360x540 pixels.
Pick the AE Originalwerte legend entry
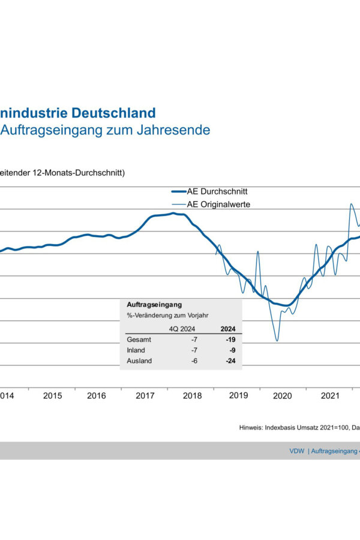point(219,204)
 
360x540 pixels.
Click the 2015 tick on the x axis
point(53,396)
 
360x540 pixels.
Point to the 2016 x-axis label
point(97,396)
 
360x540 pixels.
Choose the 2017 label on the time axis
point(145,396)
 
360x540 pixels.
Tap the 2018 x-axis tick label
point(192,396)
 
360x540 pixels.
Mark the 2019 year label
point(238,396)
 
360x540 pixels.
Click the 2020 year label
point(282,396)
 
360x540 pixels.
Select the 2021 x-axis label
point(329,396)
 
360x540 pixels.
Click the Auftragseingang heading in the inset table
point(154,305)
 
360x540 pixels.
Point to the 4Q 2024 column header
point(183,329)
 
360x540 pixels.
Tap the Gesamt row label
point(139,340)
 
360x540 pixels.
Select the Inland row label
point(137,350)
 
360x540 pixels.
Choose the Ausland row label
point(139,361)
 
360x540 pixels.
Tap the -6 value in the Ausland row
point(194,361)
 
